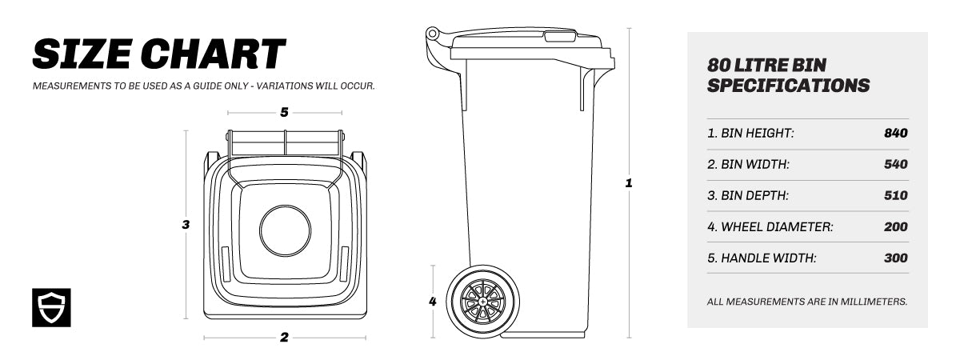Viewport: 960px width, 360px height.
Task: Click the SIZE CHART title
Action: click(x=158, y=54)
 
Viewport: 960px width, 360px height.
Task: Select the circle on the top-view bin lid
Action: click(x=285, y=230)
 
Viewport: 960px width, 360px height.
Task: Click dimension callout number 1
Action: click(x=629, y=183)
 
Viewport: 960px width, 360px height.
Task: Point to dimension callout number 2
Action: click(x=284, y=338)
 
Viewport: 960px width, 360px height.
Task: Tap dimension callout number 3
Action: click(x=186, y=225)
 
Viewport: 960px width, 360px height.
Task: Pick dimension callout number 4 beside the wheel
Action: click(x=433, y=302)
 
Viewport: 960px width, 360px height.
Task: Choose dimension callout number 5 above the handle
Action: click(x=284, y=113)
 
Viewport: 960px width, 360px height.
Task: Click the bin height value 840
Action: click(x=895, y=134)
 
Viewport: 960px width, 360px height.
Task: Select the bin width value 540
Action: click(x=895, y=165)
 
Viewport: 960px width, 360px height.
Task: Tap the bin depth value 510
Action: click(x=895, y=196)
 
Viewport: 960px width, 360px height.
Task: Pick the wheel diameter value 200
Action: click(x=895, y=227)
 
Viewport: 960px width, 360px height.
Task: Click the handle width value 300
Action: click(x=895, y=258)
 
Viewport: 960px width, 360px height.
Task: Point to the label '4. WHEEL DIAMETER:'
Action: click(x=770, y=227)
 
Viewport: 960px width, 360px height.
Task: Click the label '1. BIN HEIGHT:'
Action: click(x=750, y=134)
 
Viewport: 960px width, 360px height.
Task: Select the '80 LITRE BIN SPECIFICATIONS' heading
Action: click(x=788, y=75)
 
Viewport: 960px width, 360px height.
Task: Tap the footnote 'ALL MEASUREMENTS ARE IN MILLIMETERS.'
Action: click(x=807, y=302)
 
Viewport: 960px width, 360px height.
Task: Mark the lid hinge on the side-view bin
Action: click(x=433, y=34)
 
